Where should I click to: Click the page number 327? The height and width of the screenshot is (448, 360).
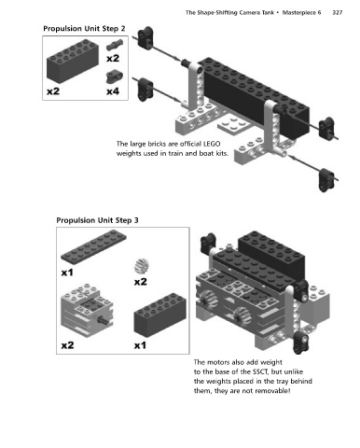[337, 12]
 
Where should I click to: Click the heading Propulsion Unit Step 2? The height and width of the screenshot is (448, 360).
[84, 29]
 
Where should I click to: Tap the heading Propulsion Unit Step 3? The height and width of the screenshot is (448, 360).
[97, 220]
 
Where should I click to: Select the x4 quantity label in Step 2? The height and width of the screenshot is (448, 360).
[113, 91]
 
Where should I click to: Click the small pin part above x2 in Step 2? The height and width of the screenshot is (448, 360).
[114, 46]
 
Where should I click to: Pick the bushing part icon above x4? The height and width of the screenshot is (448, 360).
[114, 77]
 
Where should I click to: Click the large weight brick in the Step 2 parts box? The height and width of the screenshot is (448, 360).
[73, 61]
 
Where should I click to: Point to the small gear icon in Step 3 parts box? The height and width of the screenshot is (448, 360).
[142, 266]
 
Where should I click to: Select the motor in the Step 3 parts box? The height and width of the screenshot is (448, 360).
[87, 311]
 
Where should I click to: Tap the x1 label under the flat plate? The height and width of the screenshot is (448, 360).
[67, 273]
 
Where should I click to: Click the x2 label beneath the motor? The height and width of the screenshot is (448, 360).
[67, 345]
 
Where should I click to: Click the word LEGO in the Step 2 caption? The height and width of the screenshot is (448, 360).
[212, 144]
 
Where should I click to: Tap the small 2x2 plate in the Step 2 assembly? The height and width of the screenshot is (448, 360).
[233, 124]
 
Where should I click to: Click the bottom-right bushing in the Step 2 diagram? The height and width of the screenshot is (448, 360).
[326, 180]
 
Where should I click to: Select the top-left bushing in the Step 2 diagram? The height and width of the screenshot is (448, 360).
[145, 37]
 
